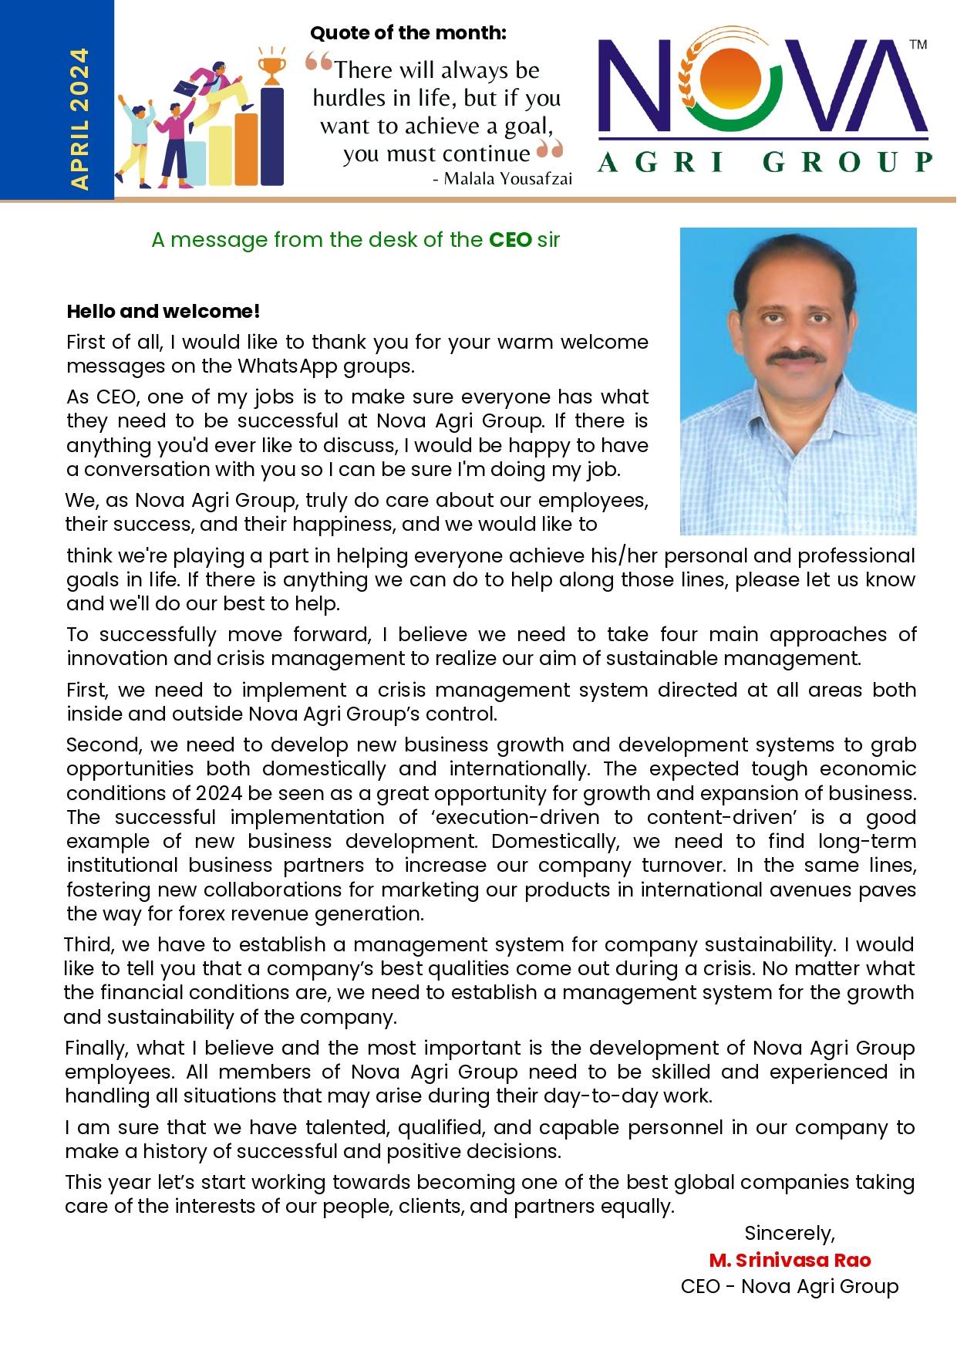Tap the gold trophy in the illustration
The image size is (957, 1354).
(x=271, y=67)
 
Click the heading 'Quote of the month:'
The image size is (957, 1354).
(x=408, y=33)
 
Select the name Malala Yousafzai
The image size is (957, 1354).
(x=508, y=179)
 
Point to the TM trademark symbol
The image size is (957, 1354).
(x=918, y=45)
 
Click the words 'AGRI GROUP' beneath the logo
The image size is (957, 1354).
(x=764, y=162)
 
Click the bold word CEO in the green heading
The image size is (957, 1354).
(x=511, y=240)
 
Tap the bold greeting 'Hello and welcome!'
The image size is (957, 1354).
(x=163, y=312)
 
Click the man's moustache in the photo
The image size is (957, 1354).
(x=797, y=356)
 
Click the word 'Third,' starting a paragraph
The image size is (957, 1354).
(x=89, y=944)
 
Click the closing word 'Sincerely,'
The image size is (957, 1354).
(x=789, y=1233)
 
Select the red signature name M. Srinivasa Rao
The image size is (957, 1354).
(x=790, y=1260)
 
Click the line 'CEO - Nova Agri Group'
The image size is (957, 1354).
(x=790, y=1286)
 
